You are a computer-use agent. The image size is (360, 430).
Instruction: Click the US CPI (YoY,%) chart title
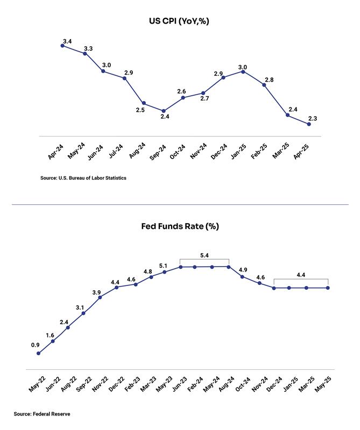(x=180, y=22)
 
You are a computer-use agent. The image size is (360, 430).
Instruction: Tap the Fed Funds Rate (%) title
(x=180, y=226)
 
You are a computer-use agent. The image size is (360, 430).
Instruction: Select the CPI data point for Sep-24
(x=164, y=111)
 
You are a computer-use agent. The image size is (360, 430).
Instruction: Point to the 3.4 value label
(x=68, y=41)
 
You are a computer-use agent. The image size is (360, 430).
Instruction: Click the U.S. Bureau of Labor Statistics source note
(x=83, y=178)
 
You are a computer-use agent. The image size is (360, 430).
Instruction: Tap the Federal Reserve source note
(x=43, y=414)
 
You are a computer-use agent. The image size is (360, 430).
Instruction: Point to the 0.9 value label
(x=35, y=345)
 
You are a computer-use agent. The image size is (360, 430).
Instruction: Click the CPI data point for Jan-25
(x=244, y=71)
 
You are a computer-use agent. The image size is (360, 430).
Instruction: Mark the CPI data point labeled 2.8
(x=264, y=84)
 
